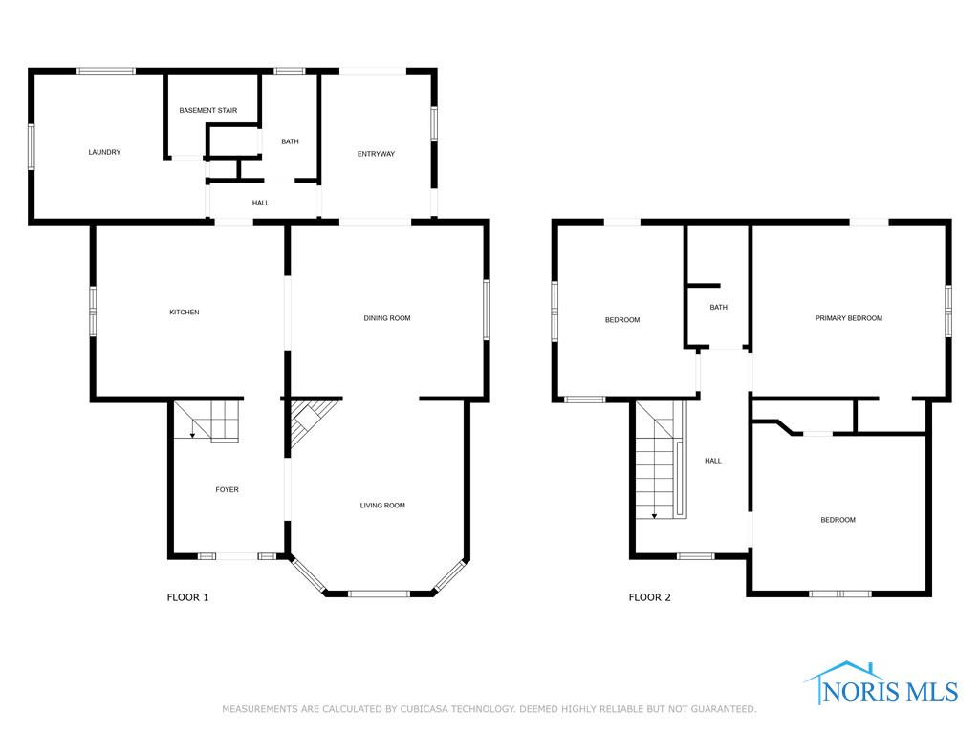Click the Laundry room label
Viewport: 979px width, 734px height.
104,152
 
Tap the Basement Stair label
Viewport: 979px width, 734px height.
207,111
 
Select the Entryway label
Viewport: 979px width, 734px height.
376,154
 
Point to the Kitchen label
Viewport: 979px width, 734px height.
185,313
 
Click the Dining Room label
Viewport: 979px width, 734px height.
387,318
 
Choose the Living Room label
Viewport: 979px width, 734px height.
382,506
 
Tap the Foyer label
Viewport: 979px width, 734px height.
227,490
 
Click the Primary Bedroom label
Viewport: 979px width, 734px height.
849,318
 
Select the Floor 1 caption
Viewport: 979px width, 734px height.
187,597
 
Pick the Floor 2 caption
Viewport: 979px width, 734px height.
649,597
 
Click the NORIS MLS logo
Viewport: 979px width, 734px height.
881,684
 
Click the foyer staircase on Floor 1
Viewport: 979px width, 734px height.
207,421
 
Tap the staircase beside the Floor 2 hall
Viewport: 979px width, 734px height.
662,460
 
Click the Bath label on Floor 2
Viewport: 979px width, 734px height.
719,307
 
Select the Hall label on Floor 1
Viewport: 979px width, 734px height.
260,203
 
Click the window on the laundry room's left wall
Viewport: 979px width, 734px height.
32,146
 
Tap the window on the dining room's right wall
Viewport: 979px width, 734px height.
487,311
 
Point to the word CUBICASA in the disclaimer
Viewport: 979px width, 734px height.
424,709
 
